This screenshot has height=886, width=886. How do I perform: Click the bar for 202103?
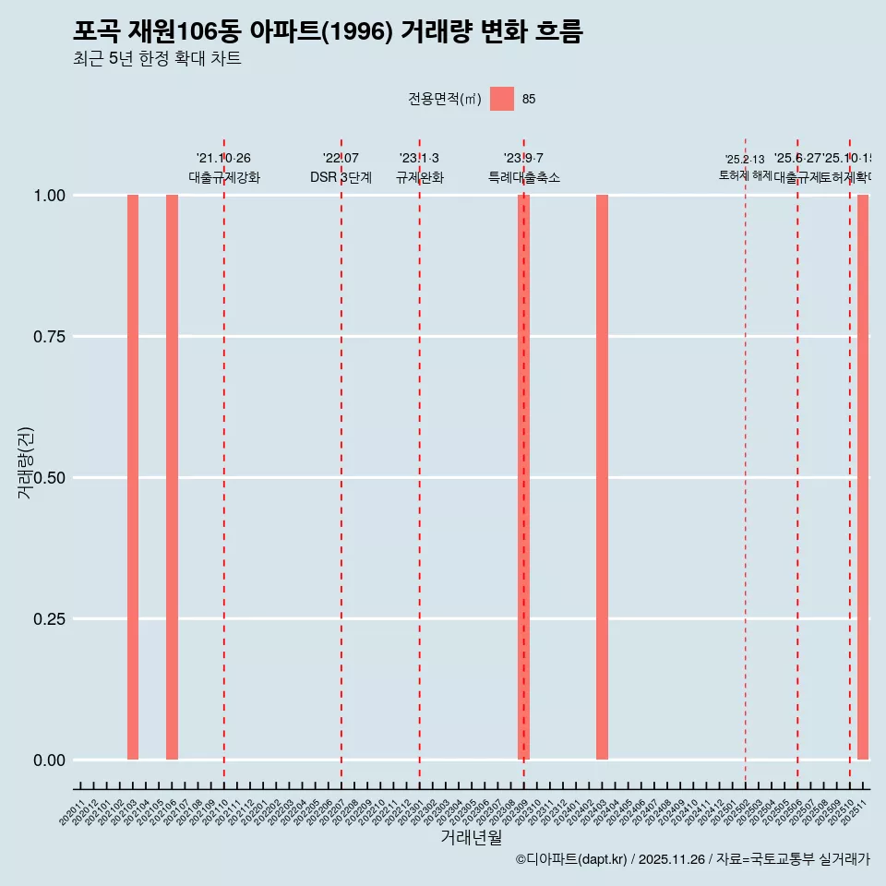click(133, 477)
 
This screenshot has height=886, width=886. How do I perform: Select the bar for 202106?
click(172, 477)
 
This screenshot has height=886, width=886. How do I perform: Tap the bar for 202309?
click(523, 477)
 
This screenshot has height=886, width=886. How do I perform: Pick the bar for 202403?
click(602, 477)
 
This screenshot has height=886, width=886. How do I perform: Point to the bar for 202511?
click(863, 477)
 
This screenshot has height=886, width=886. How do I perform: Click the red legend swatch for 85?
click(502, 99)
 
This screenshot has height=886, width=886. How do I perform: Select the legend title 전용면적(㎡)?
click(445, 99)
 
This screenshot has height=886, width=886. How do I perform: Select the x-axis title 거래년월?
click(471, 837)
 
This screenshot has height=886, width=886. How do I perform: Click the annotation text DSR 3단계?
click(341, 177)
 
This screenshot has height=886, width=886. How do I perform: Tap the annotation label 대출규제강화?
click(224, 177)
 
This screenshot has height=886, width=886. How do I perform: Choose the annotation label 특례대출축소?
click(524, 177)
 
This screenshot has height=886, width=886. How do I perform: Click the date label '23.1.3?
click(419, 159)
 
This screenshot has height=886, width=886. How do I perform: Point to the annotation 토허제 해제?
click(745, 175)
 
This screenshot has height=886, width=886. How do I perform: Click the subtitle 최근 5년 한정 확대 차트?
click(157, 59)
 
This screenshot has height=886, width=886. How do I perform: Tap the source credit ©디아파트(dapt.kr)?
click(572, 859)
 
